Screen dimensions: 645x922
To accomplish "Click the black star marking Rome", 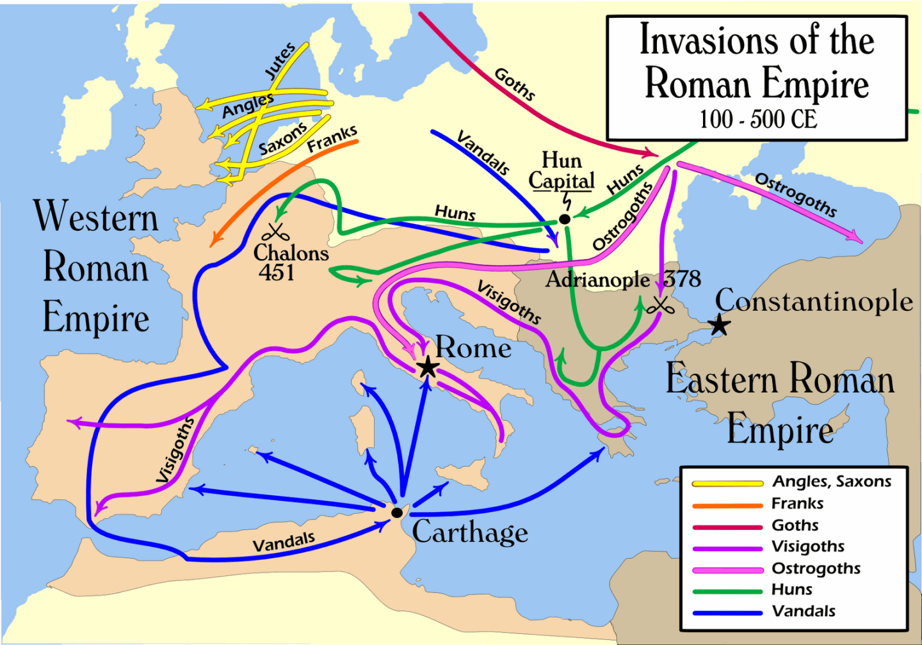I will point(427,367).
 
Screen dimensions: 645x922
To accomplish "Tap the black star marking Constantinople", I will point(720,324).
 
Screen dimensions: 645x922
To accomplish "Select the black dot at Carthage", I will point(396,513).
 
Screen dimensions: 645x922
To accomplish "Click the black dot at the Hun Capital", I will point(564,219).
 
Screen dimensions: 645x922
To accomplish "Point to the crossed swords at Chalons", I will point(275,232).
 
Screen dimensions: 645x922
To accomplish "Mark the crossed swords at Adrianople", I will point(659,305).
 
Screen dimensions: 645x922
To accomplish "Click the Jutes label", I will point(280,61).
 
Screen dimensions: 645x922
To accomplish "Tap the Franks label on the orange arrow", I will point(332,139).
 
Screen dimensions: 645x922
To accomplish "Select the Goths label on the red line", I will point(514,84).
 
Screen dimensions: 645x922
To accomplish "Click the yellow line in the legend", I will point(727,483).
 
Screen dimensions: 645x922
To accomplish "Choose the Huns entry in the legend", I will point(791,589).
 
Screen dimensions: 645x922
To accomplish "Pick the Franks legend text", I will point(797,504).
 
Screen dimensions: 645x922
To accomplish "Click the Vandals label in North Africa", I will point(284,542).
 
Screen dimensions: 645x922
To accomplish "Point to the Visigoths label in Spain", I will point(175,449).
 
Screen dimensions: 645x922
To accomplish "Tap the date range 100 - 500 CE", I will point(757,119).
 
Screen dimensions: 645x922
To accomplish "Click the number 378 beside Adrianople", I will point(682,279).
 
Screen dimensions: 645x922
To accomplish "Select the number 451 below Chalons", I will point(277,273).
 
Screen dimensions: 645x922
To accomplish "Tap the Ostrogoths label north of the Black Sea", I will point(795,195).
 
